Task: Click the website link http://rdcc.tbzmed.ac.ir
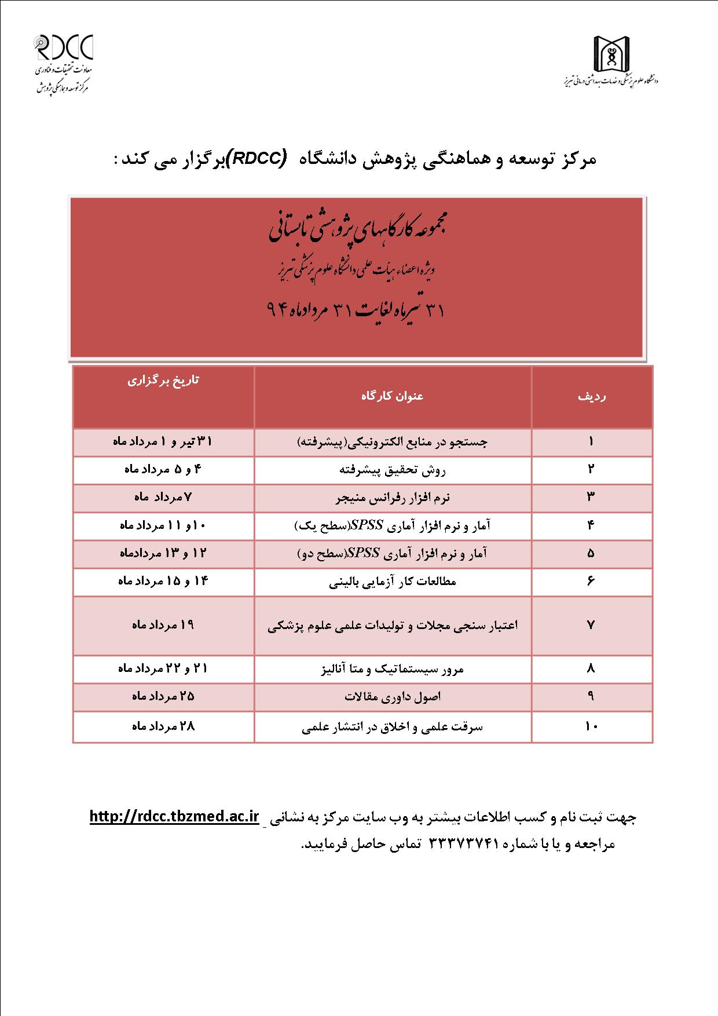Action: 174,817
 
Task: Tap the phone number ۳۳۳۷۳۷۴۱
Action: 464,844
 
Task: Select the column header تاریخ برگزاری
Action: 163,381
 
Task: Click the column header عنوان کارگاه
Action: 393,396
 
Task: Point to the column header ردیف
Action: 592,397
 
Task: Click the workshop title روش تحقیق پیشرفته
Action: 393,470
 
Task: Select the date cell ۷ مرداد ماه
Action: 163,497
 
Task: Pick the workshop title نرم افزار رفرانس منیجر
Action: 393,498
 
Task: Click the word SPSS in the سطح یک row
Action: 363,525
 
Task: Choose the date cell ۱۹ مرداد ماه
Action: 163,625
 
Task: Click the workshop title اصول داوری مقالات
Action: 393,696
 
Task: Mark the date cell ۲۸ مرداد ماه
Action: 163,725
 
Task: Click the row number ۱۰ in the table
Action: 591,726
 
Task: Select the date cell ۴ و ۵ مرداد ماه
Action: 163,469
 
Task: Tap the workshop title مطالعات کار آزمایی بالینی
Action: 393,582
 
